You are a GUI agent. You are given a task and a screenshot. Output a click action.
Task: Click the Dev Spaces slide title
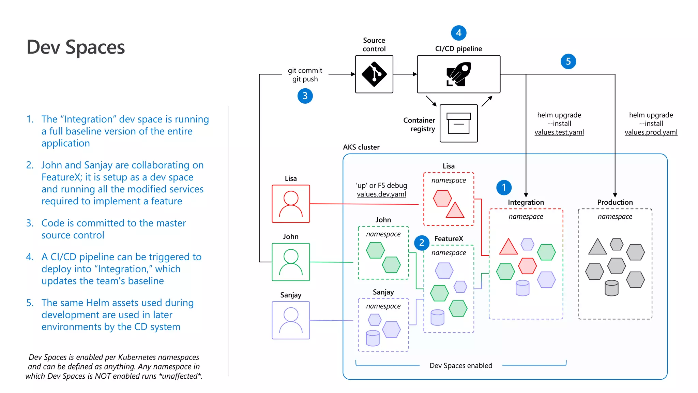point(76,47)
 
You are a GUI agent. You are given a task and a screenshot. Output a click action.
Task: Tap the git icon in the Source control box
point(374,74)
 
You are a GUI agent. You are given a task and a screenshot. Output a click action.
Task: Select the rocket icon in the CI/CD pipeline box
point(458,74)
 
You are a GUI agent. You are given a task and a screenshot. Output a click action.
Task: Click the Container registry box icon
point(458,123)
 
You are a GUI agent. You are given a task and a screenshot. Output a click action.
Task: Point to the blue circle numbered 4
point(458,33)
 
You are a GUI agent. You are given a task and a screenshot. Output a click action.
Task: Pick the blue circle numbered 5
point(568,61)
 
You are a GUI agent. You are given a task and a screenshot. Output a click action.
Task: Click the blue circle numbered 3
point(305,96)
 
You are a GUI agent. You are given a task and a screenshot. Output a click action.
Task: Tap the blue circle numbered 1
point(504,187)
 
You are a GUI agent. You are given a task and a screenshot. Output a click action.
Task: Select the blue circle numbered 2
point(422,243)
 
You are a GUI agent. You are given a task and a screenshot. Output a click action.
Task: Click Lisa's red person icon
point(291,204)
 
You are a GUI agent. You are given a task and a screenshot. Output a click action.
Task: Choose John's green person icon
point(291,262)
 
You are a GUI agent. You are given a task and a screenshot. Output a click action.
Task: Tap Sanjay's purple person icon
point(291,320)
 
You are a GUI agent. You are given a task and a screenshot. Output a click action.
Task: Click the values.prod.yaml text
point(651,132)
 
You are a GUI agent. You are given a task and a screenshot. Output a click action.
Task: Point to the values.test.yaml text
point(559,132)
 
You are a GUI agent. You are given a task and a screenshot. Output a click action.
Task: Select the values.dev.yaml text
point(381,194)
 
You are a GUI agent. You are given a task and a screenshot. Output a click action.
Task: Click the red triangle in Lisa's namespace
point(455,211)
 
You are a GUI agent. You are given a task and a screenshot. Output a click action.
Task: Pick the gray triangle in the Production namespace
point(597,247)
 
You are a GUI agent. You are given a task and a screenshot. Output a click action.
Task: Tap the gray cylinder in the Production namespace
point(611,288)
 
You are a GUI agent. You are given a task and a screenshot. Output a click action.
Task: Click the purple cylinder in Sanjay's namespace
point(373,338)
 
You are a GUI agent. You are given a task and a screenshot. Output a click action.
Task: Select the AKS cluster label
point(361,147)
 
